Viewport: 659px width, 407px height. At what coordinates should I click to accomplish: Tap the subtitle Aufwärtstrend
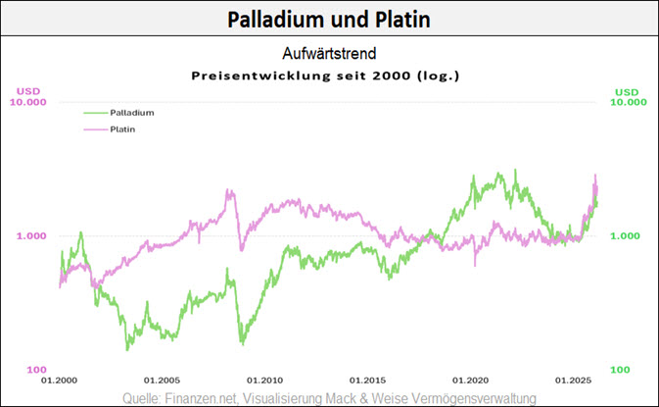[329, 55]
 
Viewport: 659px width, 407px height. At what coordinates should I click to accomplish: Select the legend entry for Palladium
[132, 113]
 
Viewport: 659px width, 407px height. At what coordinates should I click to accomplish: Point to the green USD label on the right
[626, 92]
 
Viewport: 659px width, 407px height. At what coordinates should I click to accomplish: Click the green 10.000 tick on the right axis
[630, 102]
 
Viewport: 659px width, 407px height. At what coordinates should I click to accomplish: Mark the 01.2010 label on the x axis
[264, 380]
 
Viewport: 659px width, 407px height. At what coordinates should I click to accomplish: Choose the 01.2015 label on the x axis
[367, 380]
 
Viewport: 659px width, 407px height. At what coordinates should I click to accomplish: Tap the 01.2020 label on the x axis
[470, 380]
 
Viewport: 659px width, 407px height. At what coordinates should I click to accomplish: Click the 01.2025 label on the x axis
[573, 380]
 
